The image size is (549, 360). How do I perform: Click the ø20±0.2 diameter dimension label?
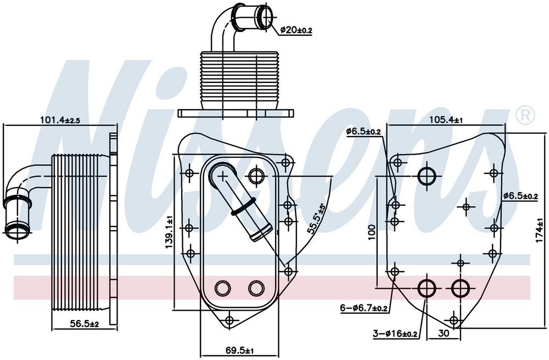[296, 30]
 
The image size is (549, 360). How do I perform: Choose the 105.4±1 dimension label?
[446, 119]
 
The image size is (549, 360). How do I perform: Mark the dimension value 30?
[444, 333]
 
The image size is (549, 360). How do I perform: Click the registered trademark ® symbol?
[525, 114]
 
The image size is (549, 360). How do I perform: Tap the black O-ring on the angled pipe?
[243, 207]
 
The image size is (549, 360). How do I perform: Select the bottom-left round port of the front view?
[223, 288]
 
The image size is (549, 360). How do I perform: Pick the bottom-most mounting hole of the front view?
[229, 320]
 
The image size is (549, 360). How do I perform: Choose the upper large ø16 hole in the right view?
[427, 176]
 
